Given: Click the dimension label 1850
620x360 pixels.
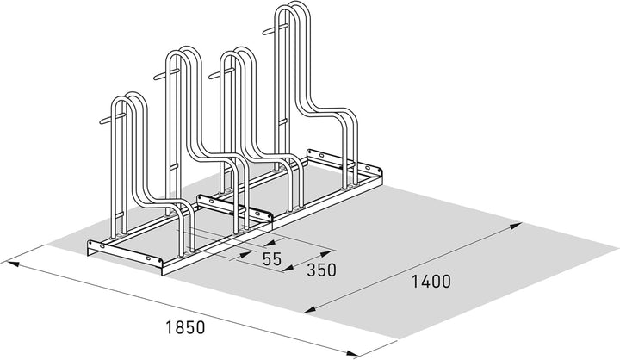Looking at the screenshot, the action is (x=185, y=327).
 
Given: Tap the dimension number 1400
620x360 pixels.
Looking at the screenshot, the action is (x=431, y=282).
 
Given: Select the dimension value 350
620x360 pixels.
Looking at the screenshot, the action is (x=321, y=270).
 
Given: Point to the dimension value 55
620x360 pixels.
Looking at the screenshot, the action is (x=272, y=259).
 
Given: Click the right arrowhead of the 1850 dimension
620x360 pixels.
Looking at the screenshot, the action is (x=352, y=353).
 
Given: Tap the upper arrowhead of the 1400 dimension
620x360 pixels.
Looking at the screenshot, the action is (x=516, y=226).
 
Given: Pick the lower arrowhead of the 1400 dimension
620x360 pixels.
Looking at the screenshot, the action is (x=310, y=309).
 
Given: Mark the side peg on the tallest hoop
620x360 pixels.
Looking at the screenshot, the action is (x=276, y=29).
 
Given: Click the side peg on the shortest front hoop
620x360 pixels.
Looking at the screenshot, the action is (x=113, y=119).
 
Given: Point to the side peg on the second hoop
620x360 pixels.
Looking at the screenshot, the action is (x=167, y=74).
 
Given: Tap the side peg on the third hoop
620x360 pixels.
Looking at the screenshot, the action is (x=222, y=73).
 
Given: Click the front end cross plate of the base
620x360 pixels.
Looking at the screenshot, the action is (x=125, y=254).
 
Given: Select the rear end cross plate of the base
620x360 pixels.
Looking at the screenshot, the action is (x=344, y=163).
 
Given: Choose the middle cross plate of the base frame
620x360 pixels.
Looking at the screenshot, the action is (x=235, y=208).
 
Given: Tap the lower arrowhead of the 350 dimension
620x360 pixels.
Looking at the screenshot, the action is (x=289, y=268).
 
